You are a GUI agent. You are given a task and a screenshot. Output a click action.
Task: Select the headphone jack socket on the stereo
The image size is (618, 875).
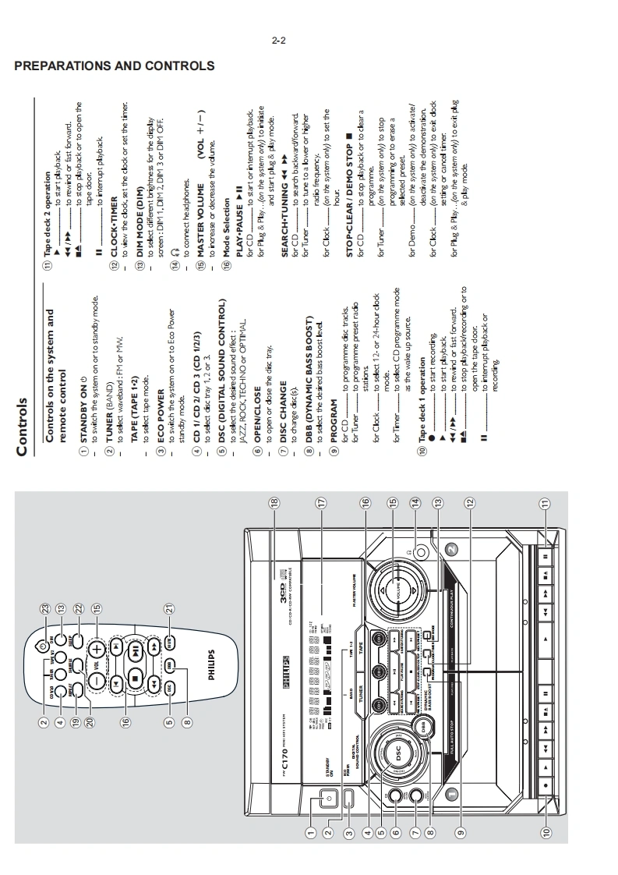(x=422, y=553)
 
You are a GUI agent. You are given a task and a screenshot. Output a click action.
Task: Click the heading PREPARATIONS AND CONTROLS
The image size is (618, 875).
(x=115, y=66)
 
